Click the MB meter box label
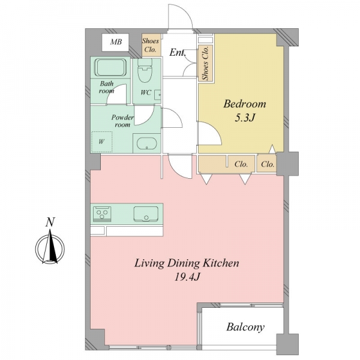coord(116,42)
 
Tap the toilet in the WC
coord(145,70)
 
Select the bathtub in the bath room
coord(110,67)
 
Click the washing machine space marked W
coord(102,142)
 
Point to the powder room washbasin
coord(147,144)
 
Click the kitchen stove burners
coord(102,214)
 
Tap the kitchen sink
coord(146,214)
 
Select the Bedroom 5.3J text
coord(245,110)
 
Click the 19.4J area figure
coord(187,277)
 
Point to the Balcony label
coord(245,327)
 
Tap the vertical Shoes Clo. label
coord(205,62)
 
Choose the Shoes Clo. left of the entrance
coord(151,45)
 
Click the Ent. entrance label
coord(177,53)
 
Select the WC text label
coord(146,92)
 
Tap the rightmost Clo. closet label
coord(268,164)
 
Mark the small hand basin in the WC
coord(157,95)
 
